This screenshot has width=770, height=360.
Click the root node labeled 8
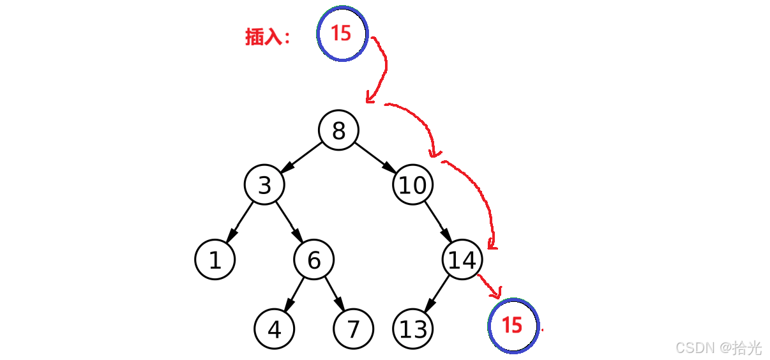pyautogui.click(x=338, y=131)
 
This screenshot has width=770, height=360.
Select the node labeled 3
pyautogui.click(x=264, y=185)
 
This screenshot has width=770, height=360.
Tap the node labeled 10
pyautogui.click(x=413, y=185)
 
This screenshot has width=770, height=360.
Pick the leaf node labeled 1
pyautogui.click(x=215, y=260)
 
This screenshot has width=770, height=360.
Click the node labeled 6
pyautogui.click(x=313, y=260)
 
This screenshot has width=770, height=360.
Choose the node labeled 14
pyautogui.click(x=462, y=260)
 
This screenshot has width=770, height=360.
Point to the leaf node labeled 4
pyautogui.click(x=275, y=329)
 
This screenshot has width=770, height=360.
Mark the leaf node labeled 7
pyautogui.click(x=353, y=329)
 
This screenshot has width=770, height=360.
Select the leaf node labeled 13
pyautogui.click(x=413, y=329)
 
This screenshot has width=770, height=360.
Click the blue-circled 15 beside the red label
pyautogui.click(x=343, y=34)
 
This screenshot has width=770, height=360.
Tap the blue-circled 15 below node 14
pyautogui.click(x=513, y=326)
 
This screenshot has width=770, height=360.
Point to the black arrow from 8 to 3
pyautogui.click(x=301, y=157)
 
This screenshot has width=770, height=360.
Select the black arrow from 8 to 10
pyautogui.click(x=376, y=157)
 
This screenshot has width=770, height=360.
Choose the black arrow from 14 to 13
pyautogui.click(x=437, y=295)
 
